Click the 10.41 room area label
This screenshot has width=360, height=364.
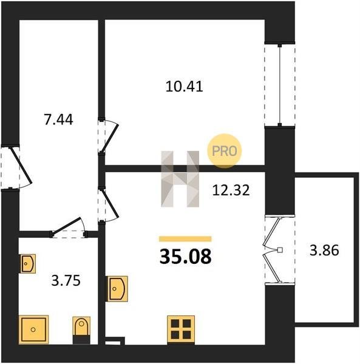pos(185,86)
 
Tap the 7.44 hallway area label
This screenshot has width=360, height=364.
pos(58,120)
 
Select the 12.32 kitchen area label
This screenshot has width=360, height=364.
pos(231,190)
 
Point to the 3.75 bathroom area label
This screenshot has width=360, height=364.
pos(66,280)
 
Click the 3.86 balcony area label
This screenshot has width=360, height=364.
pos(324,251)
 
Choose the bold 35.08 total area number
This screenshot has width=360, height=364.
pos(186,257)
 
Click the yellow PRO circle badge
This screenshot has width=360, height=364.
pos(225,151)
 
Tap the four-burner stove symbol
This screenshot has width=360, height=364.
pos(181,329)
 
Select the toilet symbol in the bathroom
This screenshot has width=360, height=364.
pos(81,330)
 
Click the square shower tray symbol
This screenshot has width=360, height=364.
pos(33,329)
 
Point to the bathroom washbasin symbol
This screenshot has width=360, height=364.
pos(28,263)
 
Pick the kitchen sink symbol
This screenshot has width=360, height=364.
pos(117,289)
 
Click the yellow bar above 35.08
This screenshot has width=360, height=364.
pos(185,239)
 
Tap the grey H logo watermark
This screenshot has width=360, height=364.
pos(180,179)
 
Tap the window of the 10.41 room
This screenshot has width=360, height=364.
pos(280,85)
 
